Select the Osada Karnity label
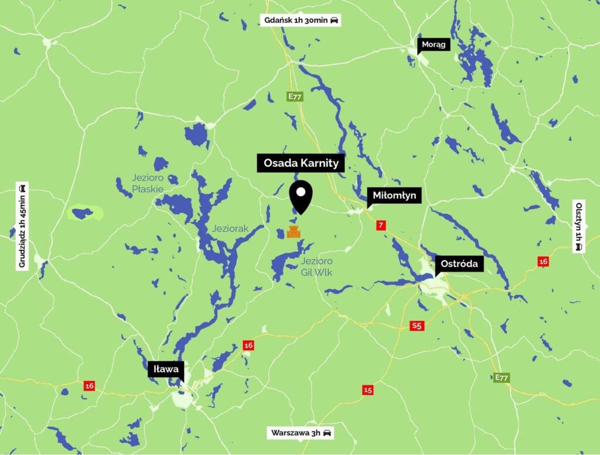point(301,163)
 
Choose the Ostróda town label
point(459,264)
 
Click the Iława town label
point(166,370)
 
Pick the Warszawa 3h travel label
point(301,433)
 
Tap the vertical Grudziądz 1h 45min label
point(22,226)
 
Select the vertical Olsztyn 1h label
point(579,226)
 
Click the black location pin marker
point(301,196)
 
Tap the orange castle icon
point(293,232)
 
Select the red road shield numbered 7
point(381,225)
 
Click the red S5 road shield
point(416,326)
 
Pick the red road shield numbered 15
point(367,390)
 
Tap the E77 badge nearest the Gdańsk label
point(294,97)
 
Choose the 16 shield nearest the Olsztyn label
point(543,261)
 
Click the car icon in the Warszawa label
point(327,433)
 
